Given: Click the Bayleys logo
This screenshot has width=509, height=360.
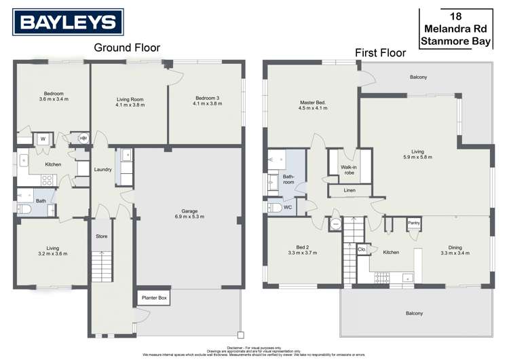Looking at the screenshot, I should coord(68,22).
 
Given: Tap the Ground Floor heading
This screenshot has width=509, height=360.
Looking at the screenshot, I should coord(126,47).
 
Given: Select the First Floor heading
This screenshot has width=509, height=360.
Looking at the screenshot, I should coord(379,52).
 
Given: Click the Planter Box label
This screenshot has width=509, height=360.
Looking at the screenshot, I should coord(153,298).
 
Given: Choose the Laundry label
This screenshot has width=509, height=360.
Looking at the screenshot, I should coord(103,170).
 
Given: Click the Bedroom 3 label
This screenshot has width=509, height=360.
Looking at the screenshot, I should coord(207,101).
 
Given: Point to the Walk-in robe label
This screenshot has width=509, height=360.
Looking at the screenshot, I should coord(348,170).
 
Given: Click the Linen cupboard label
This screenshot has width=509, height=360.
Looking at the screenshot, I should coord(350,190).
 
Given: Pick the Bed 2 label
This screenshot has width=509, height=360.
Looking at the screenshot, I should coord(303,249).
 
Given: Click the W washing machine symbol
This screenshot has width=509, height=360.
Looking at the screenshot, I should coord(43,139).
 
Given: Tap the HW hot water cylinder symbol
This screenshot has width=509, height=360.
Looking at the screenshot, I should coord(83,139).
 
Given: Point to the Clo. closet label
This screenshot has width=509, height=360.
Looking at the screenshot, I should coord(362,249).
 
